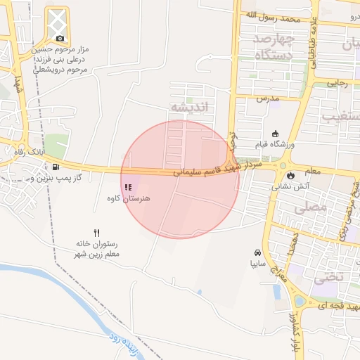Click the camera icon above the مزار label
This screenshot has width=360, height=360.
[60, 38]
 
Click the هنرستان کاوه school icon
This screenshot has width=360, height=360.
[128, 187]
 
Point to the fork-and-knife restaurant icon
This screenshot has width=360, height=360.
[97, 233]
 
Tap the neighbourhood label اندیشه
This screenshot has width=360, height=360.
[190, 108]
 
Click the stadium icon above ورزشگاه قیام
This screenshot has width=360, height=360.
[275, 133]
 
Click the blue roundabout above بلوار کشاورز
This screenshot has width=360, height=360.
[300, 302]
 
